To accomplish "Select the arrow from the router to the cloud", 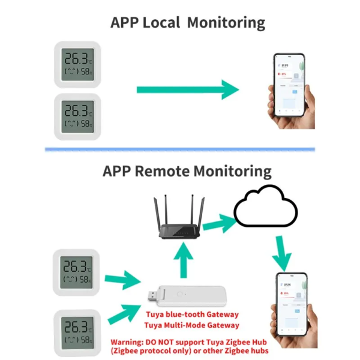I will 217,224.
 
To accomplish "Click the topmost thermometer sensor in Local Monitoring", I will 77,64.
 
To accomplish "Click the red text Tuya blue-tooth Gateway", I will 191,314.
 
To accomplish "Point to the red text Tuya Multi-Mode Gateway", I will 191,326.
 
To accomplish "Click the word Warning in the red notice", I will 128,341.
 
